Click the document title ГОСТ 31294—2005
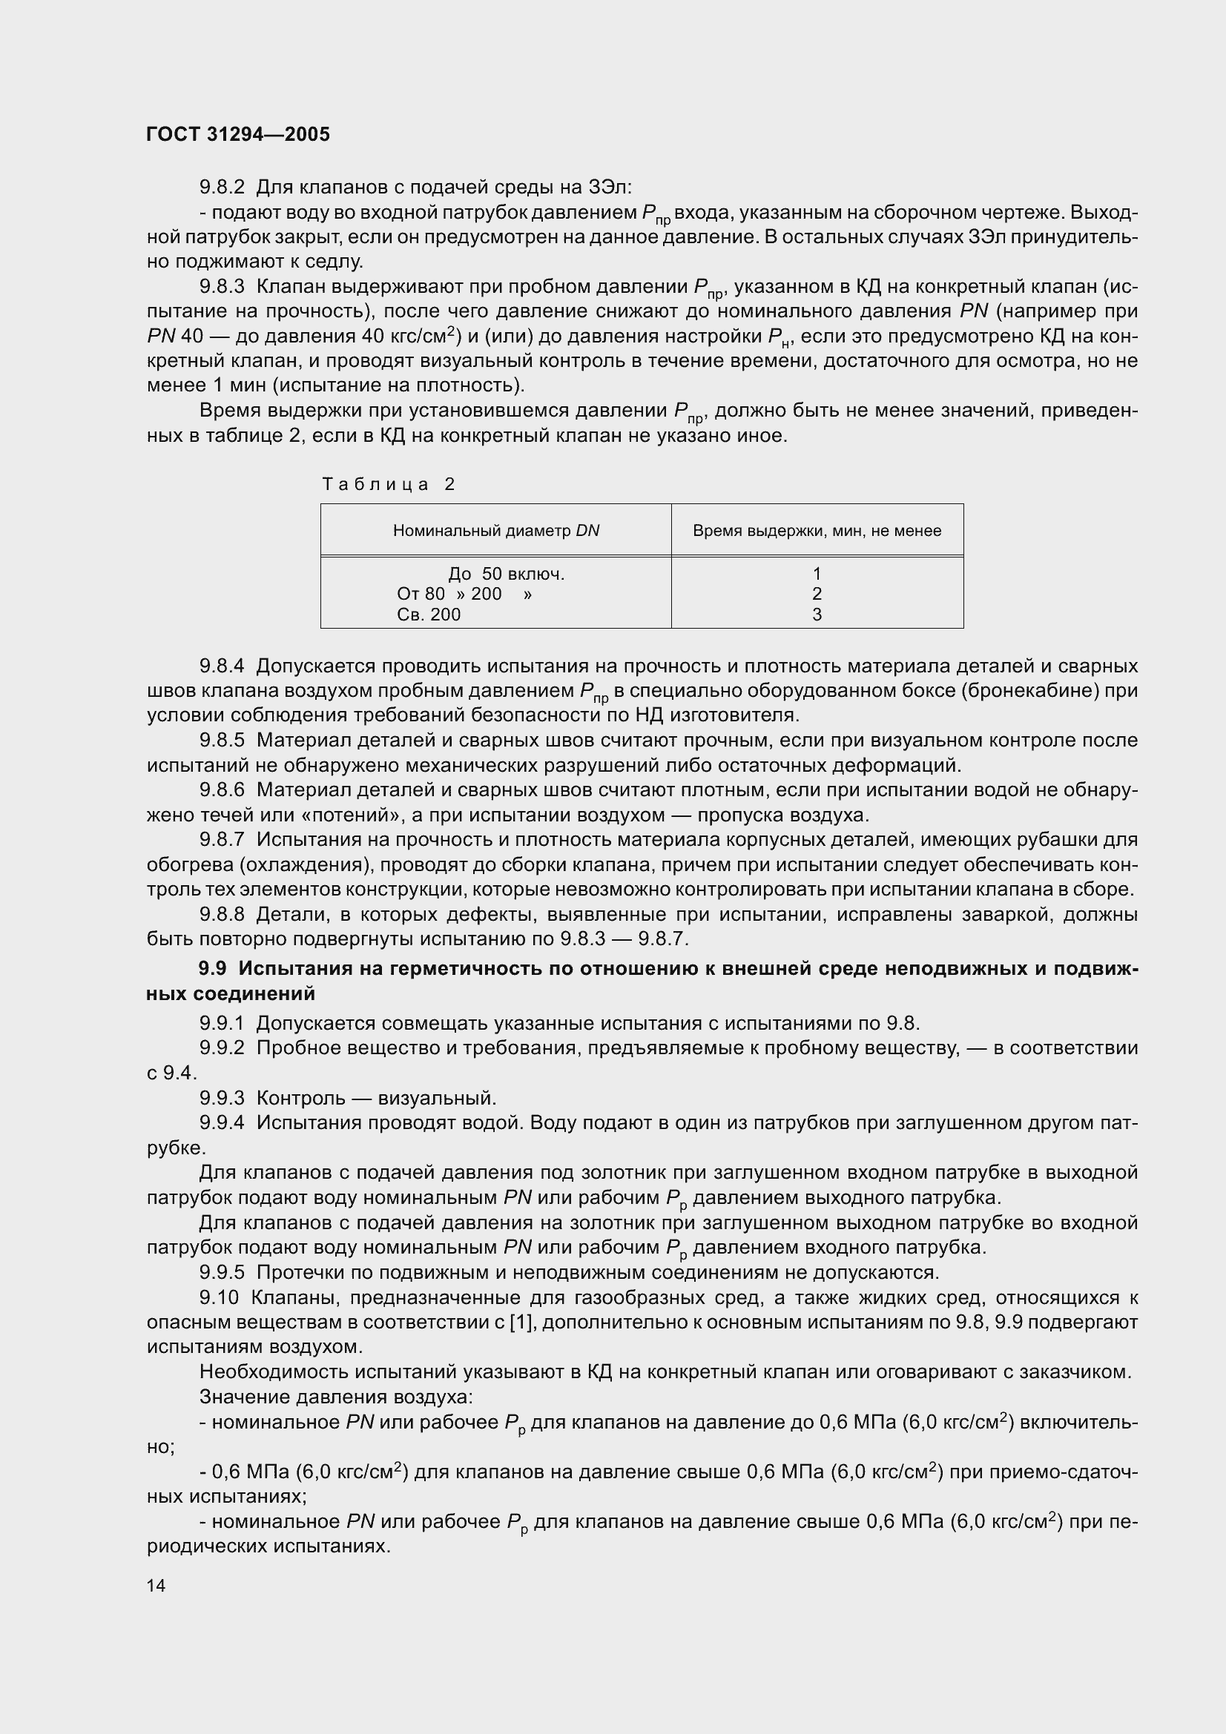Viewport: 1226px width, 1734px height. point(238,134)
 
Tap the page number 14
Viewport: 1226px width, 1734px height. point(156,1584)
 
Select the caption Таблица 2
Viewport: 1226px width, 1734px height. point(389,484)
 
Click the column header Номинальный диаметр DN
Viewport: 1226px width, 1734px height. point(495,531)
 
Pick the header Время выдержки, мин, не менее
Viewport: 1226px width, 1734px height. point(817,531)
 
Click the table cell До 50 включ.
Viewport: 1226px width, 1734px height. point(506,574)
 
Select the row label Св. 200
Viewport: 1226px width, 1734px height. point(428,615)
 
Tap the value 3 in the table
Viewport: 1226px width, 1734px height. point(817,615)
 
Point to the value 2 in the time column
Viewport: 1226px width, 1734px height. point(817,595)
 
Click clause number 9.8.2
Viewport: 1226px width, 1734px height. point(222,187)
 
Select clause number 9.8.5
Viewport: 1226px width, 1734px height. point(222,740)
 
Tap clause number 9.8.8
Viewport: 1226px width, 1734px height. point(222,915)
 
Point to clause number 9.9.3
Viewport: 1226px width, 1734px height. point(222,1098)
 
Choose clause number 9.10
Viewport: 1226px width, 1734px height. point(219,1298)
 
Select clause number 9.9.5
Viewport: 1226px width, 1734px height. point(222,1273)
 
